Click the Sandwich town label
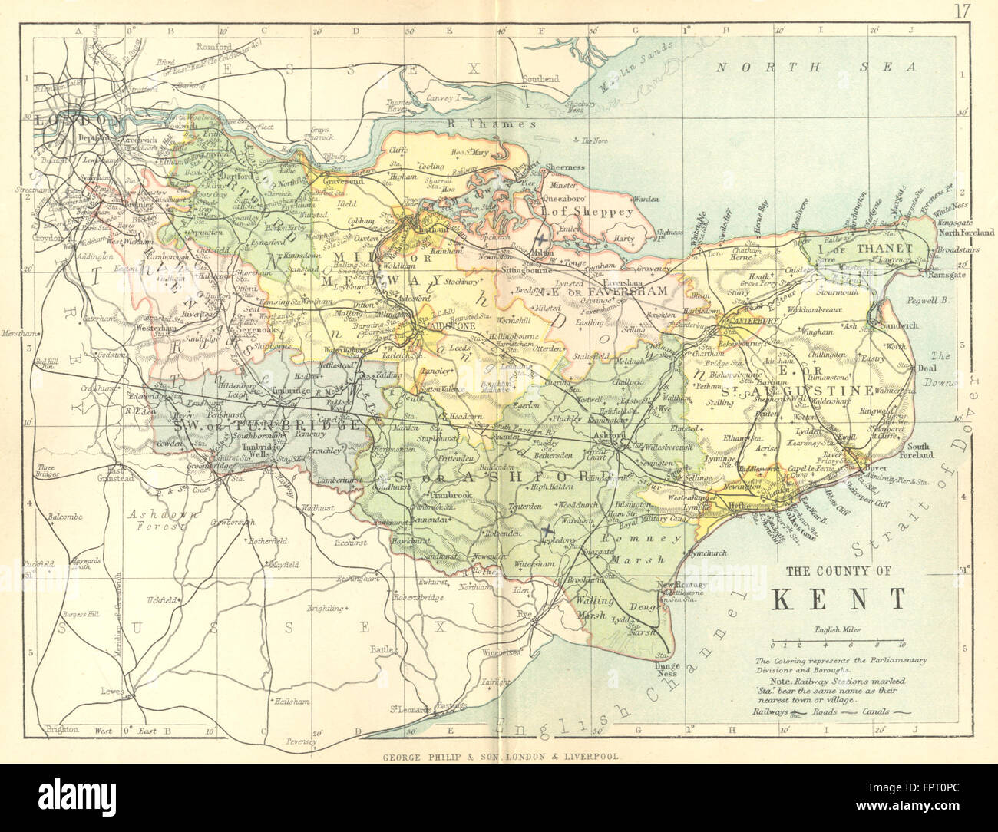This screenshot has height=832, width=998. coord(898,325)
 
